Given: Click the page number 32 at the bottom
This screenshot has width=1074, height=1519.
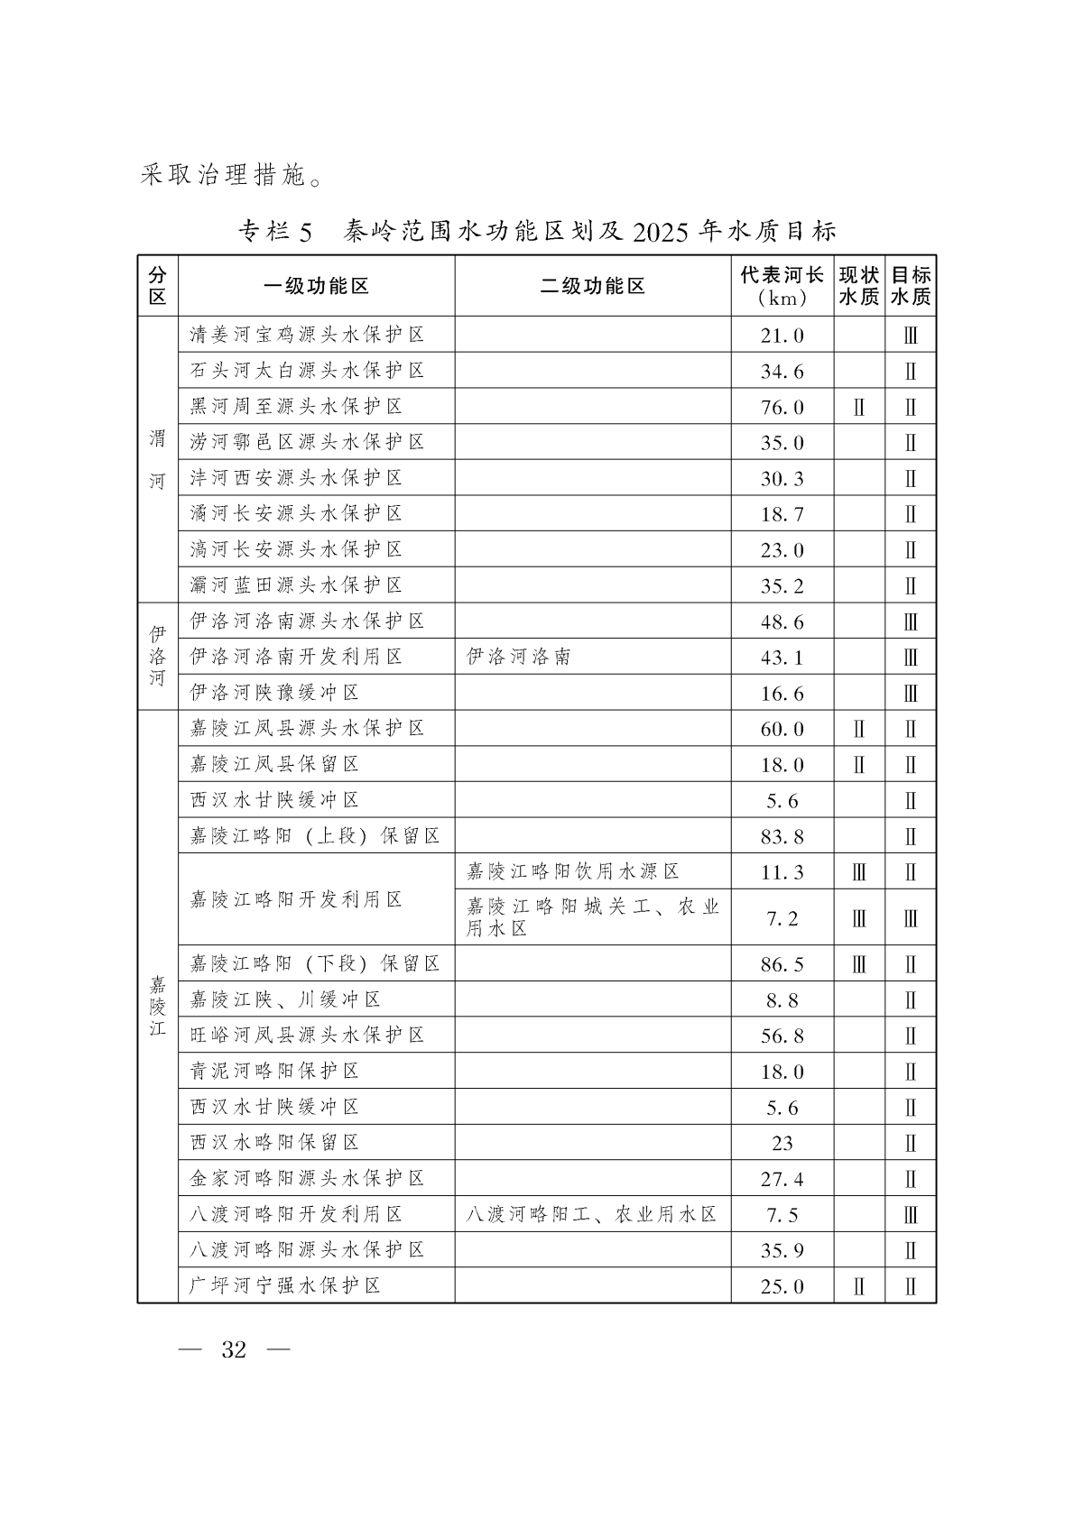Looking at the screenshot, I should [x=234, y=1350].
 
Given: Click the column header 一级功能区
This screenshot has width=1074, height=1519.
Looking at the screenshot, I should [x=316, y=287].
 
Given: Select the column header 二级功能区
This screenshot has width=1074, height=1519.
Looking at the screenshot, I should [x=592, y=287].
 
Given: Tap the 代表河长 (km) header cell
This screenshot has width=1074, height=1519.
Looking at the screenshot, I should [x=782, y=287].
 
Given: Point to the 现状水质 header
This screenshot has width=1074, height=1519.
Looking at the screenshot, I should [x=858, y=287].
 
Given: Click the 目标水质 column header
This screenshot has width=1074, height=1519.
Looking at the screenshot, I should [x=910, y=287].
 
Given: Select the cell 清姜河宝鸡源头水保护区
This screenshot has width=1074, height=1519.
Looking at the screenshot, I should [x=308, y=336].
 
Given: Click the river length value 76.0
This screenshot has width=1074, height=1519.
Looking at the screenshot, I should [x=782, y=408].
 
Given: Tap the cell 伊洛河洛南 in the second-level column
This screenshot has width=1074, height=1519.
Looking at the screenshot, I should [x=519, y=657].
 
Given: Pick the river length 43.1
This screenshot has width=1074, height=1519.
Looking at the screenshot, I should [x=782, y=658].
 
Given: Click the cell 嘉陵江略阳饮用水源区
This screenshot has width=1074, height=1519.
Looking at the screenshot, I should [x=573, y=871].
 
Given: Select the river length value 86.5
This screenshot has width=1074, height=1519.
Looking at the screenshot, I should [x=782, y=964].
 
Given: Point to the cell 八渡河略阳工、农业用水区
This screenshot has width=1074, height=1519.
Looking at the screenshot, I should [x=591, y=1214].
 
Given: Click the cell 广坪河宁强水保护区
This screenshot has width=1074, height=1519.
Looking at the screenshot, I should [x=285, y=1285].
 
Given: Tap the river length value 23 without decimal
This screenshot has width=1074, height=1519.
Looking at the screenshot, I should [x=782, y=1144].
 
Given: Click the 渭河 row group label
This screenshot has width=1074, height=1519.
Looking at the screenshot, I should [x=158, y=459].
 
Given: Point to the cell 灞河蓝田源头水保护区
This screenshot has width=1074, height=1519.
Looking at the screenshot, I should [x=296, y=585].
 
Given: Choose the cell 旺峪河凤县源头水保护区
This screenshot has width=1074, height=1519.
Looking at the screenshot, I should [x=308, y=1036].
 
